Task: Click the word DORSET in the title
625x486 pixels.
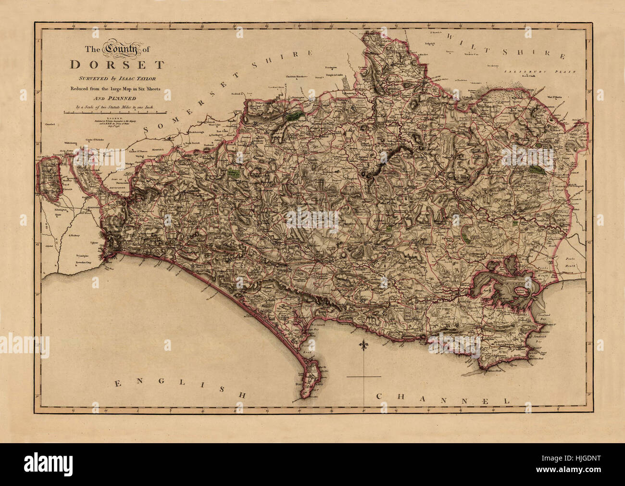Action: [117, 64]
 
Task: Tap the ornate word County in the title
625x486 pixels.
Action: [122, 49]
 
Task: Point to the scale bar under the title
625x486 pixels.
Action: [115, 112]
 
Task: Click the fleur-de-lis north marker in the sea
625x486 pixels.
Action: [363, 346]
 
